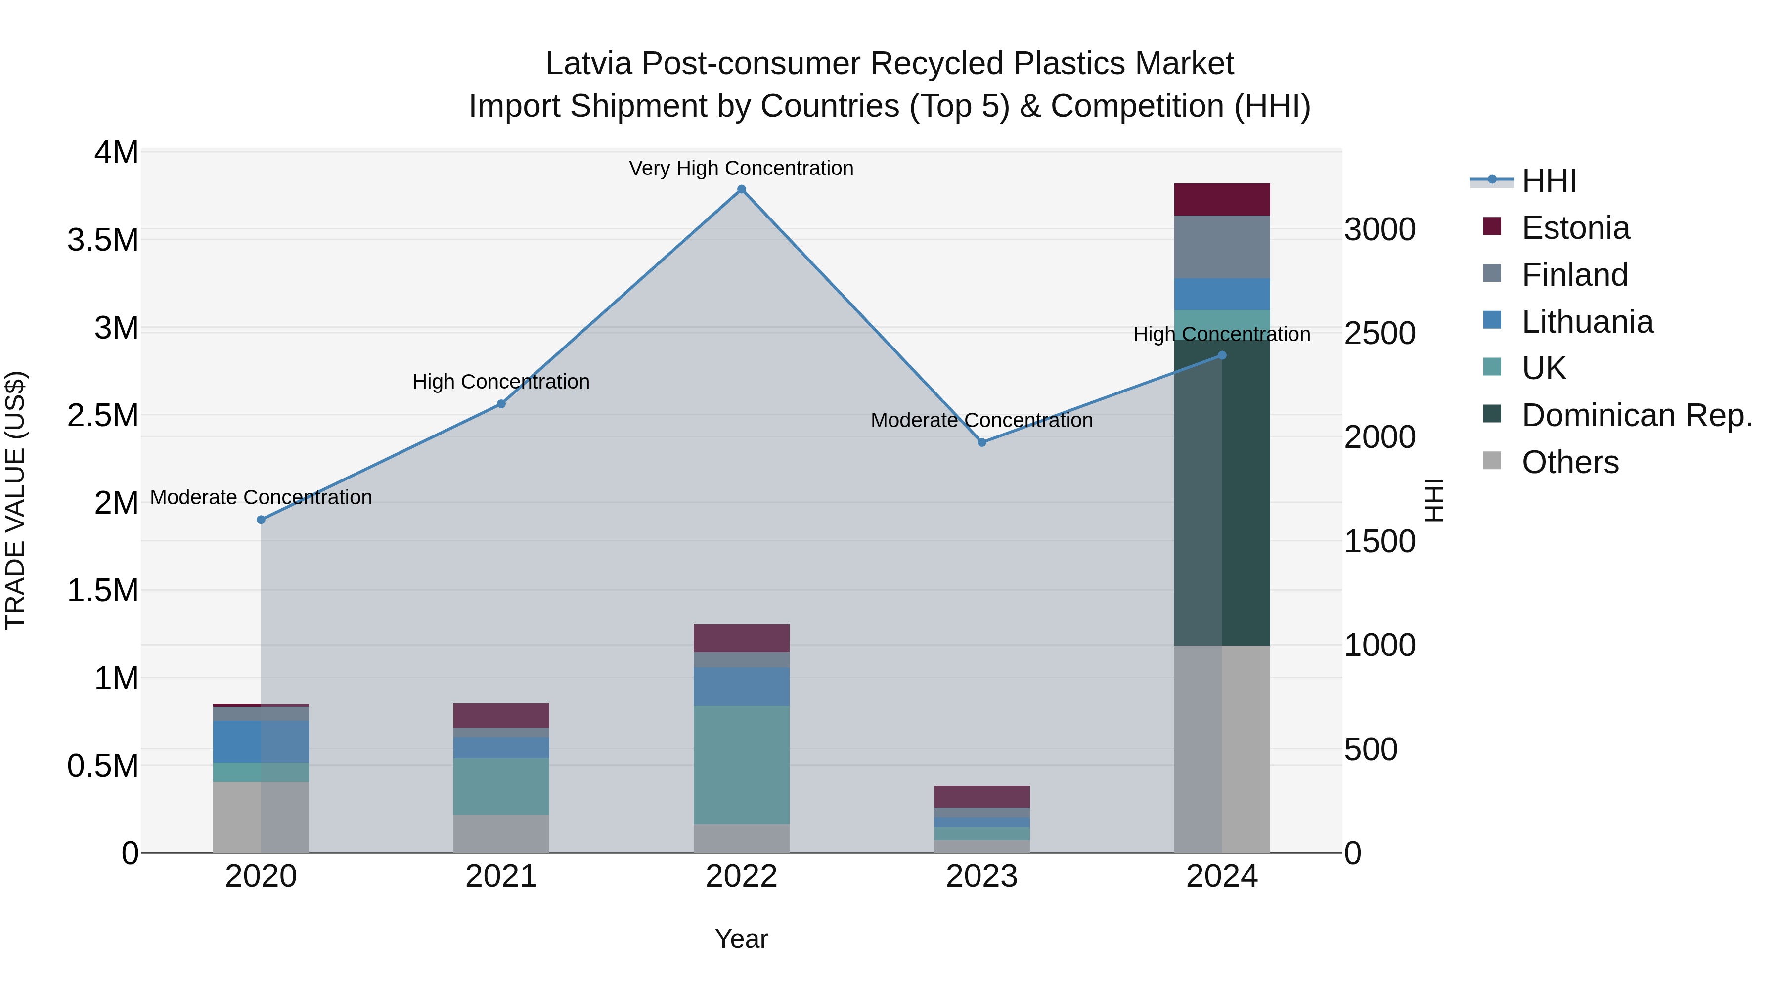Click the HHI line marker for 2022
click(742, 189)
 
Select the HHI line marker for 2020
click(261, 520)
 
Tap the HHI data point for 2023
click(982, 442)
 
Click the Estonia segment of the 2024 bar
click(1222, 200)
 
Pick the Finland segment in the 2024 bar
click(1222, 247)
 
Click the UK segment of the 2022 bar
click(742, 764)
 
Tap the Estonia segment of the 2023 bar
click(982, 796)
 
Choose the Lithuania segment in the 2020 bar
click(261, 741)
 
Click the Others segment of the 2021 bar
click(501, 833)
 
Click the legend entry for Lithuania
click(1587, 322)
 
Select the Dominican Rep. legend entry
click(1636, 415)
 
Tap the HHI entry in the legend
click(1549, 181)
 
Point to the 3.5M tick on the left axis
click(103, 240)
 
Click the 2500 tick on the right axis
click(1379, 333)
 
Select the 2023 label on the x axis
click(982, 876)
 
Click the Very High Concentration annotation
click(742, 168)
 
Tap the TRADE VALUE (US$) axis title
click(16, 501)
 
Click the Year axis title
click(742, 939)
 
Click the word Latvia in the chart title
click(589, 64)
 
